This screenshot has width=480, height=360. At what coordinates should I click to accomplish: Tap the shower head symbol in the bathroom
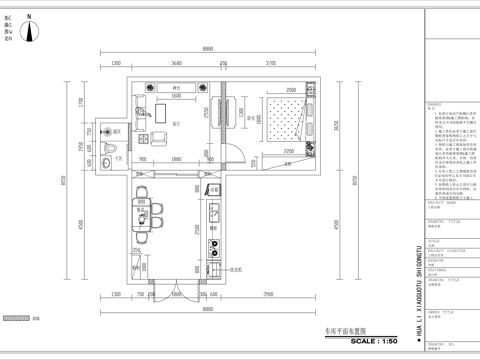107,130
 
